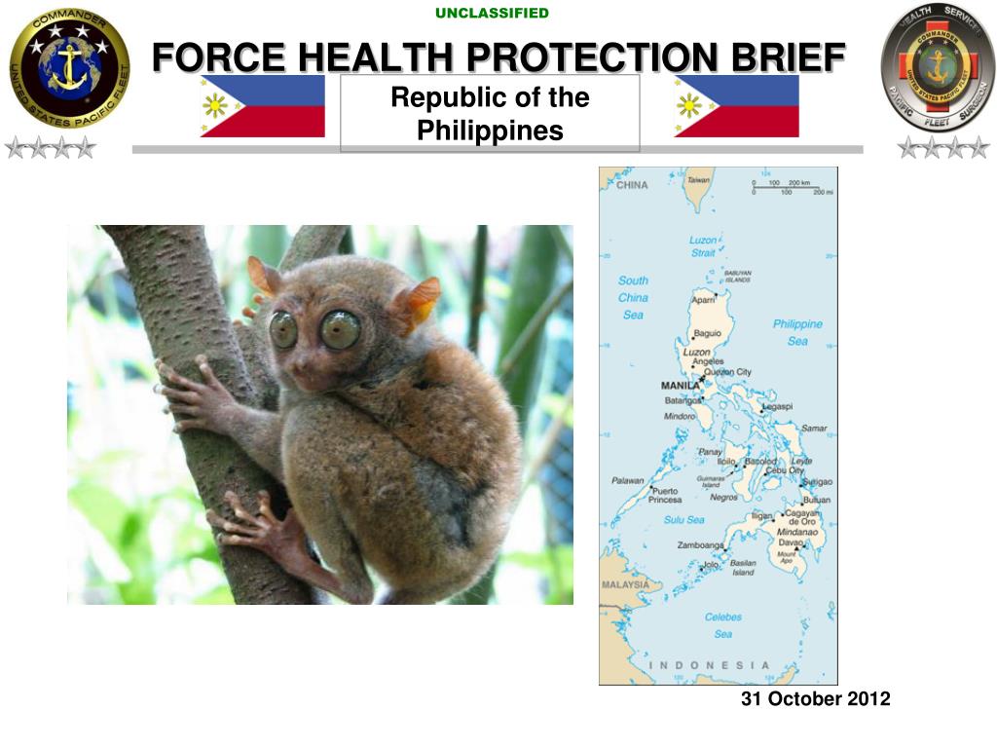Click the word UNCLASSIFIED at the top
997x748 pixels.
(492, 13)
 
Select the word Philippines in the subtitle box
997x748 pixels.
(490, 131)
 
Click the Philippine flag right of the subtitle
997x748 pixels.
(736, 106)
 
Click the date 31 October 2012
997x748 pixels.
(815, 699)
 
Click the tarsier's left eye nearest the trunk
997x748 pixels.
(283, 330)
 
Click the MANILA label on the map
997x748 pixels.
(681, 386)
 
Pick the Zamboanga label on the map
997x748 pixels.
(700, 545)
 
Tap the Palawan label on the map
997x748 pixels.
(627, 480)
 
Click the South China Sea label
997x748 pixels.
(633, 297)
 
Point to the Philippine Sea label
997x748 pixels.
(797, 332)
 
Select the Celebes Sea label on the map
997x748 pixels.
(722, 624)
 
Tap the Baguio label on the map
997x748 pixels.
(707, 333)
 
